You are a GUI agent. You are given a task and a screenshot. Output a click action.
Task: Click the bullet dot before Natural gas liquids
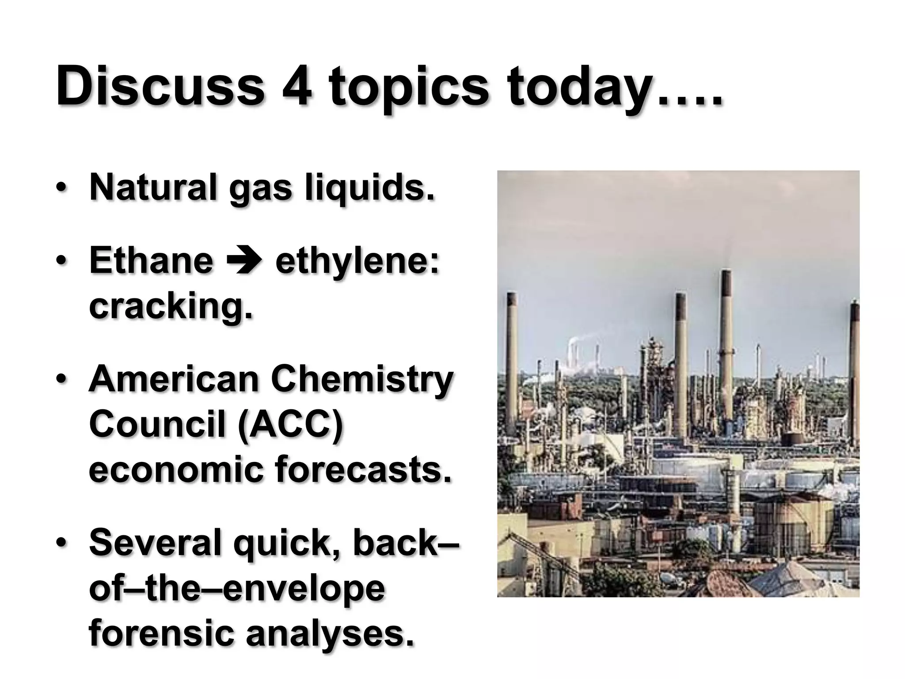coord(62,188)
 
